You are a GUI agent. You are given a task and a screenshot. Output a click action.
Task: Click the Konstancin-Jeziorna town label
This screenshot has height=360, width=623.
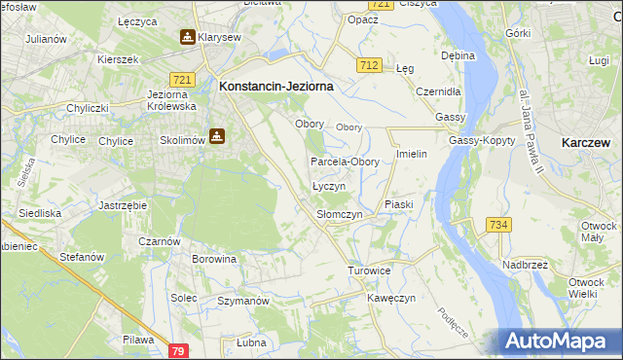(276, 86)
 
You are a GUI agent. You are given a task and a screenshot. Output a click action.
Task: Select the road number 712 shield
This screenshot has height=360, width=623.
(368, 65)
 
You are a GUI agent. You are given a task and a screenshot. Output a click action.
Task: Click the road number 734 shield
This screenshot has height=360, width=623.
(499, 225)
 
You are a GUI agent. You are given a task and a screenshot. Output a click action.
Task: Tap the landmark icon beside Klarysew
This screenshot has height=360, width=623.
(187, 37)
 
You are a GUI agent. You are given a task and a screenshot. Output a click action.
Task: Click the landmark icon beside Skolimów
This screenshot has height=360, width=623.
(217, 137)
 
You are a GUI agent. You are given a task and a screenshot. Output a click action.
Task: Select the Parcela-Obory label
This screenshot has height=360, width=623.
(345, 162)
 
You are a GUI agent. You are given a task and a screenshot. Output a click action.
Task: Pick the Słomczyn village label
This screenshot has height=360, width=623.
(340, 214)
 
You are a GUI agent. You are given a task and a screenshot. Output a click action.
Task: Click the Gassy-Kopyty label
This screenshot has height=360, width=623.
(475, 140)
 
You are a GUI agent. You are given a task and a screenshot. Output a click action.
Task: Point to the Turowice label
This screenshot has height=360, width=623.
(369, 270)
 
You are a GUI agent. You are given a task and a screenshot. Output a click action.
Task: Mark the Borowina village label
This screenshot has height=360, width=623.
(214, 260)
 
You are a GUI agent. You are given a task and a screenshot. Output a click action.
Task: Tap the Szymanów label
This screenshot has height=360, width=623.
(242, 302)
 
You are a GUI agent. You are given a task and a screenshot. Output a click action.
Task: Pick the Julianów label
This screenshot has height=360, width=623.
(46, 39)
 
